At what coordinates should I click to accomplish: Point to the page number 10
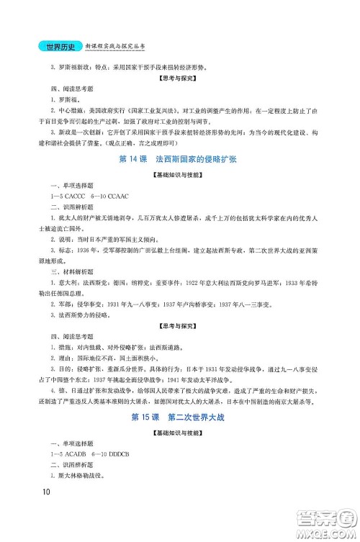pos(45,512)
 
